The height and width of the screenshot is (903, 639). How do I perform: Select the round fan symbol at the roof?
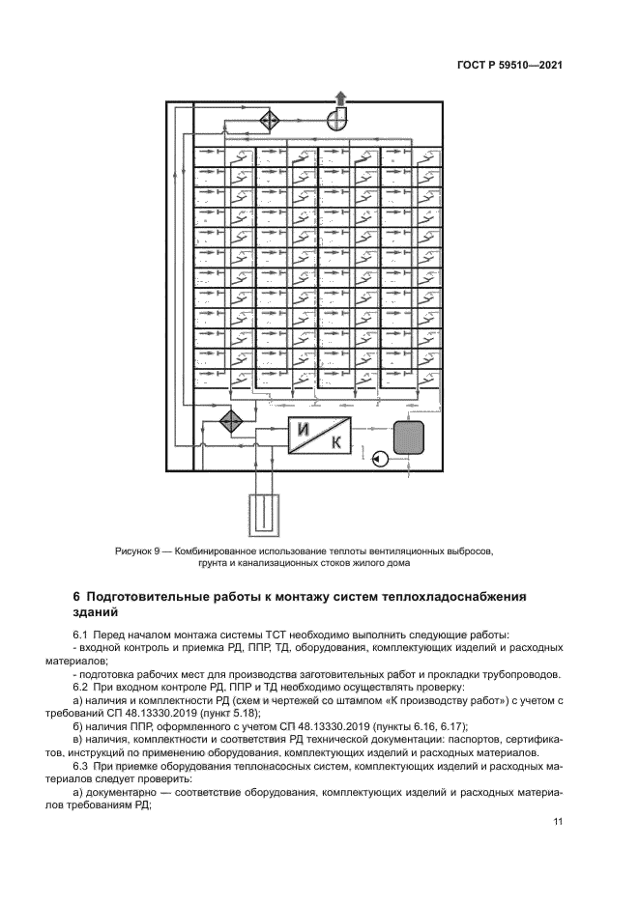coord(339,119)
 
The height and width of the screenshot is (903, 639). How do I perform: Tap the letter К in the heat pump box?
coord(335,445)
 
